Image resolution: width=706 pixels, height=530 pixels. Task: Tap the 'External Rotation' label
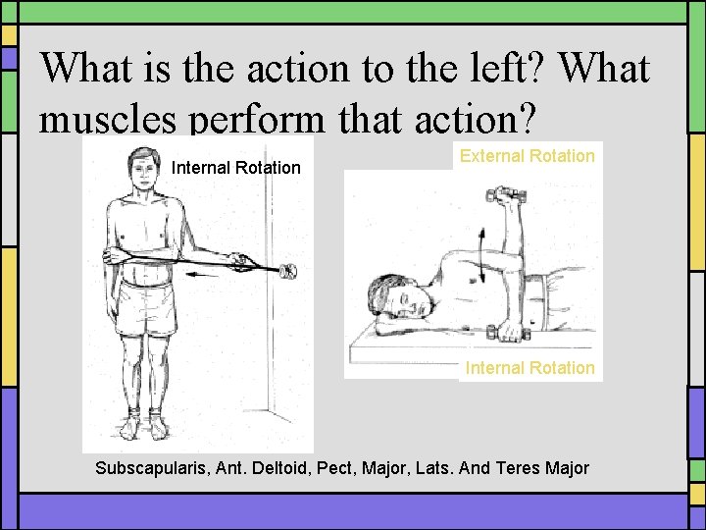(528, 156)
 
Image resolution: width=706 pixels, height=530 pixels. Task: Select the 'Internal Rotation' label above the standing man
(236, 168)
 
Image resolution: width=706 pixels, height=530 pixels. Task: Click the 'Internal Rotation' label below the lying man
(529, 368)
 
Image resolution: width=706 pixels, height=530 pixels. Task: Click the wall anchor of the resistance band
(290, 272)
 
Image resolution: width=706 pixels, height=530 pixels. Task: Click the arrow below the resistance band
(215, 277)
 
